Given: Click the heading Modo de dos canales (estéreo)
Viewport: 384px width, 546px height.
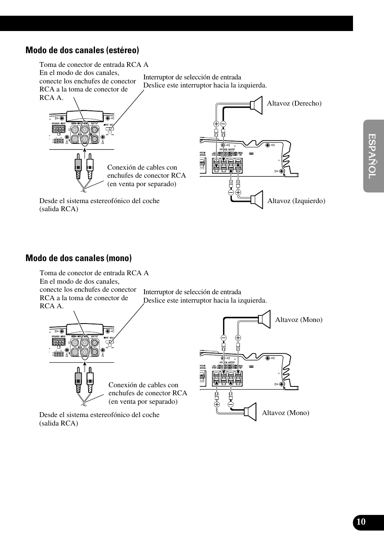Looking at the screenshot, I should [82, 50].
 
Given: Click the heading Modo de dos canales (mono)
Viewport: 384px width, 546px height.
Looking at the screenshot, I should [78, 258].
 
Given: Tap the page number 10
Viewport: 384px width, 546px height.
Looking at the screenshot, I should [361, 522].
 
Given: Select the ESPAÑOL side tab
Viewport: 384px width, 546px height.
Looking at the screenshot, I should [373, 156].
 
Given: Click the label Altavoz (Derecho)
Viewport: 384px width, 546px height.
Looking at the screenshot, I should [294, 103].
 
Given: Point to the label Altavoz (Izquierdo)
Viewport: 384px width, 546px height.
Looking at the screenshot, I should [296, 201].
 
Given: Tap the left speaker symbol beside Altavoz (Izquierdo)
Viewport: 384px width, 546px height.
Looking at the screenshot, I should [257, 199].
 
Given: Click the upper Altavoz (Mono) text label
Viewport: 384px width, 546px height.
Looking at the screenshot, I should [299, 320].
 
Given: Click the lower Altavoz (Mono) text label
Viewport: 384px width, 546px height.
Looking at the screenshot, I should [285, 413].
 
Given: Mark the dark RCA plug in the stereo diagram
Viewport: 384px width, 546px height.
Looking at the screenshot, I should [78, 167].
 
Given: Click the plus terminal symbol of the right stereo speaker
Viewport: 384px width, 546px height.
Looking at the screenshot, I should [216, 124].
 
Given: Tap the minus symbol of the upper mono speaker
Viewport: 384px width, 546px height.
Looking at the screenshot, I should [223, 338].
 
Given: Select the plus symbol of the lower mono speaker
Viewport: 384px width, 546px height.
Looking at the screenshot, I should [217, 404].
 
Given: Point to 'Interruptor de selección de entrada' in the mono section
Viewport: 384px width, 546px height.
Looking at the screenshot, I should [192, 292].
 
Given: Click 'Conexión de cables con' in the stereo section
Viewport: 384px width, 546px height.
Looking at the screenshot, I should [142, 167].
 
